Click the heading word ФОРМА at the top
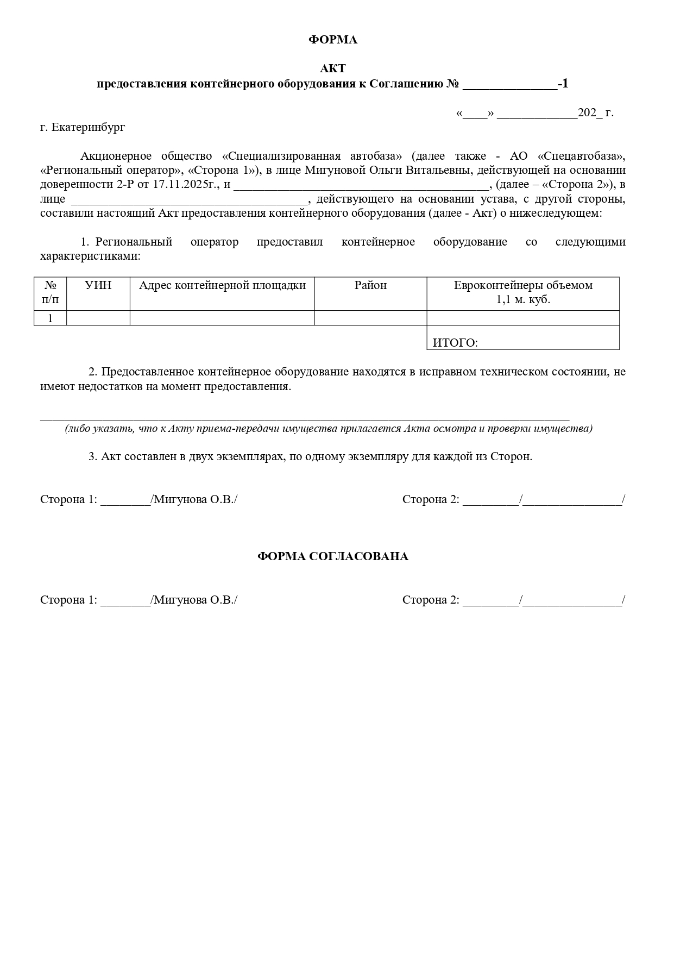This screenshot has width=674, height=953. [333, 40]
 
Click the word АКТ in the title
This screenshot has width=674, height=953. [332, 68]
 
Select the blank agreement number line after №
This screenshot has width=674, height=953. [509, 84]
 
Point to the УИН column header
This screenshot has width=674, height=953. [98, 285]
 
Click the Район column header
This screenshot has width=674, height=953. [370, 285]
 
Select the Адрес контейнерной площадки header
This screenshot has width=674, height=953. [222, 285]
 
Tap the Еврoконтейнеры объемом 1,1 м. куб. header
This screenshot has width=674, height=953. [523, 292]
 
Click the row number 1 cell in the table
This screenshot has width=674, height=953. [50, 318]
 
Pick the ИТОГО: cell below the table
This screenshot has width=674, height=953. [455, 343]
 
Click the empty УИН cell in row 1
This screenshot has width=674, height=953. [98, 318]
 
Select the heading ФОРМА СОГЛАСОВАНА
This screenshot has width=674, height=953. [332, 557]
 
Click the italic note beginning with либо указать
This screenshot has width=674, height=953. [329, 429]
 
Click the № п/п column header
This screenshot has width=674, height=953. [50, 292]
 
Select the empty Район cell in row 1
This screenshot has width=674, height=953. [370, 318]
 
